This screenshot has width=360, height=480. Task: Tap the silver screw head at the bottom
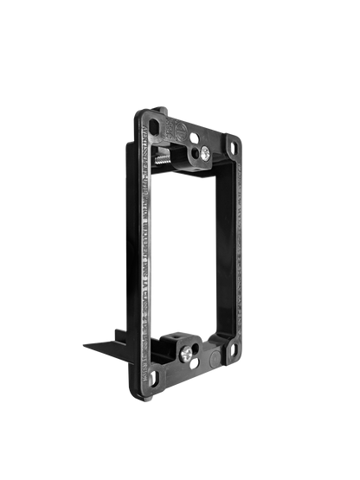(190, 355)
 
